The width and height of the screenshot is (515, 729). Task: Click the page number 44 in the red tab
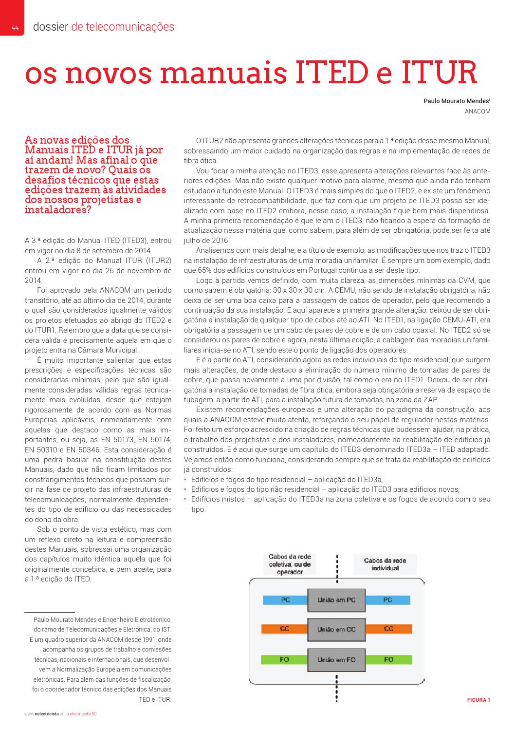pos(15,28)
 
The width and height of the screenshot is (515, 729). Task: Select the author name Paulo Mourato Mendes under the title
pos(457,102)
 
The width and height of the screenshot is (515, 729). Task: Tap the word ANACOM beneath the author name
pos(478,112)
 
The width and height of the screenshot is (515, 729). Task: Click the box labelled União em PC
pos(336,600)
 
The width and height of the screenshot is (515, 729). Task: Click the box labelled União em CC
pos(336,630)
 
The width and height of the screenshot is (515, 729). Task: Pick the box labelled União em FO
pos(336,660)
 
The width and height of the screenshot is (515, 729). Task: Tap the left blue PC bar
pos(285,600)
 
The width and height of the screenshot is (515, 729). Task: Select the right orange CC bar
pos(388,629)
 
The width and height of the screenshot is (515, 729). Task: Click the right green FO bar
pos(388,660)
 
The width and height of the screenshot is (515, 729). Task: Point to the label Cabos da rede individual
pos(385,564)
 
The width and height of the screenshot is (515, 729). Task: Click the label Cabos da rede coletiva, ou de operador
pos(290,564)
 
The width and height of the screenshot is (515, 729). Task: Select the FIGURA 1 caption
pos(478,700)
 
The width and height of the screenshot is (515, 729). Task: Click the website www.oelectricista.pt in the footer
pos(44,714)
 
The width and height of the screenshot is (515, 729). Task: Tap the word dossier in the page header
pos(50,27)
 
